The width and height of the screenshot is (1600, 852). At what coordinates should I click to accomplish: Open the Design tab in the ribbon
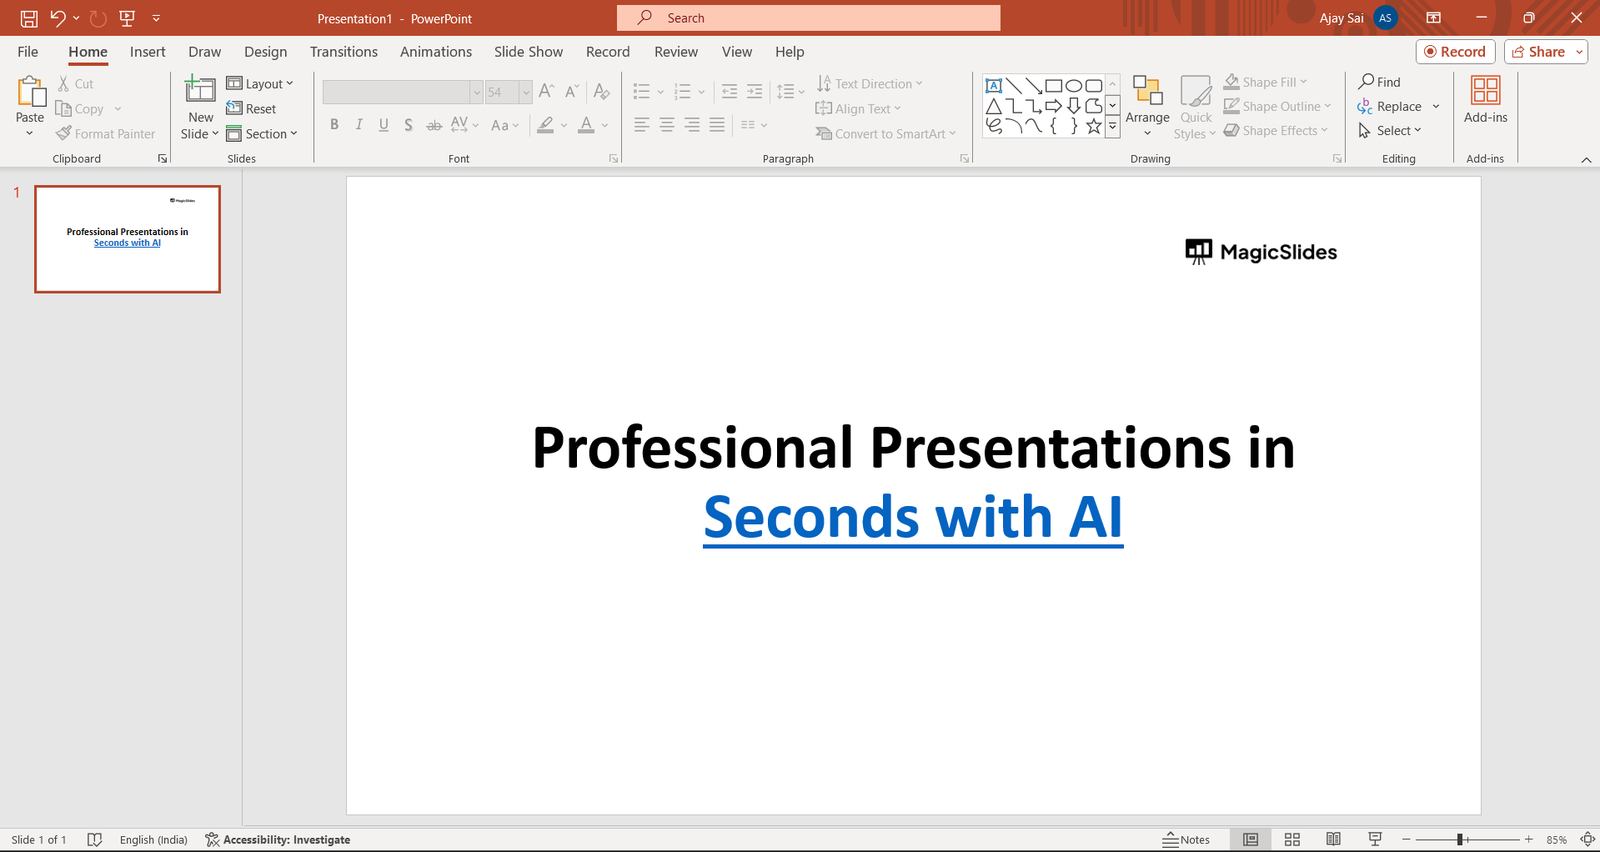click(265, 52)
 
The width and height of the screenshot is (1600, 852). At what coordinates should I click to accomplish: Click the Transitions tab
click(344, 52)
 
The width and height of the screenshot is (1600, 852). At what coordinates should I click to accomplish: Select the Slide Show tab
click(528, 52)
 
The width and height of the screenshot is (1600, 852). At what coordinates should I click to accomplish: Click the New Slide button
click(200, 108)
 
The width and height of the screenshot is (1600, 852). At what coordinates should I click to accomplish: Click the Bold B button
click(334, 125)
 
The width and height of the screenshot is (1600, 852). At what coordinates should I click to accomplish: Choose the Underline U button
click(384, 125)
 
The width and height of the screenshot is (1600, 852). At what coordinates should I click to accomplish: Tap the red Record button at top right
click(1455, 52)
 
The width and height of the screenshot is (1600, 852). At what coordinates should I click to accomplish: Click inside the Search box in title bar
click(808, 18)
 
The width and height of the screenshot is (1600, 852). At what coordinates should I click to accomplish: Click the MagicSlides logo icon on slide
click(1199, 252)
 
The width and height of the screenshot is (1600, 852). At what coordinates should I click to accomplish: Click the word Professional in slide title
click(693, 449)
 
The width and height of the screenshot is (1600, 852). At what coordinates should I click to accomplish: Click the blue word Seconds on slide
click(811, 518)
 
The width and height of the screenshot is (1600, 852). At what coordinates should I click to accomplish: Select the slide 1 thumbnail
click(128, 239)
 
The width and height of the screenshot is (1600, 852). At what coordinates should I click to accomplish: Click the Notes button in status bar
click(1186, 839)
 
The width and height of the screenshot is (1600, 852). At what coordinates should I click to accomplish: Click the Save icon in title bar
click(29, 18)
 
